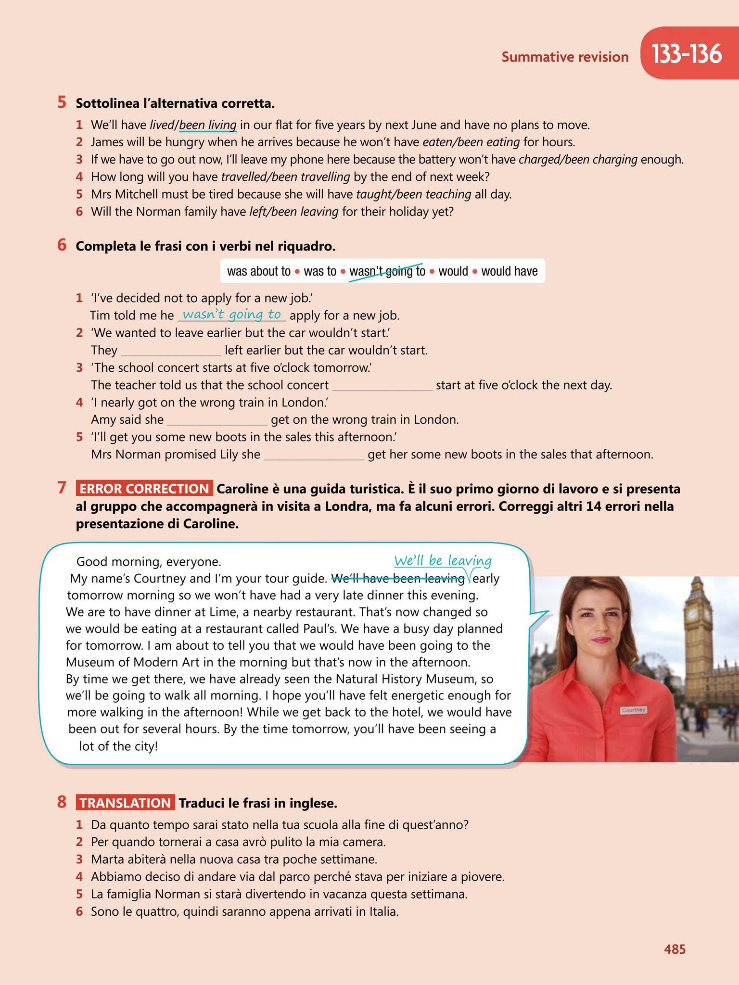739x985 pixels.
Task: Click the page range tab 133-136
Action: [687, 54]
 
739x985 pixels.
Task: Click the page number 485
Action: [675, 949]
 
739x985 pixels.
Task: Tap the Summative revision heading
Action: [565, 57]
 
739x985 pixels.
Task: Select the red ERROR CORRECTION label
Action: [144, 489]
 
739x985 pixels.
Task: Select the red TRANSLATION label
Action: [125, 803]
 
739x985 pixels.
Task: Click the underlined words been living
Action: [208, 126]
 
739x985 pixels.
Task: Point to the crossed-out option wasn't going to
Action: [387, 272]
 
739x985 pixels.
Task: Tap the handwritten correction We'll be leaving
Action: [443, 561]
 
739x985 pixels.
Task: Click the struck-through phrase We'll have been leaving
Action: [398, 578]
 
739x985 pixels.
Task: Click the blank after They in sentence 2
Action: [171, 351]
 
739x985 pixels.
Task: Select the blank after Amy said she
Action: [217, 420]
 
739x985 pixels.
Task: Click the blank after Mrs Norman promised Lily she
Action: [314, 455]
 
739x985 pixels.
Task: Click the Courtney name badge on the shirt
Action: [633, 710]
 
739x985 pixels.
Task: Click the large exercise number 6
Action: [62, 245]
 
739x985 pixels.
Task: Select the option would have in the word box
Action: [509, 272]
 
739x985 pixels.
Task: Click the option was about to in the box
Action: [258, 272]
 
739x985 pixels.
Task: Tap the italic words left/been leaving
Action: [293, 212]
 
